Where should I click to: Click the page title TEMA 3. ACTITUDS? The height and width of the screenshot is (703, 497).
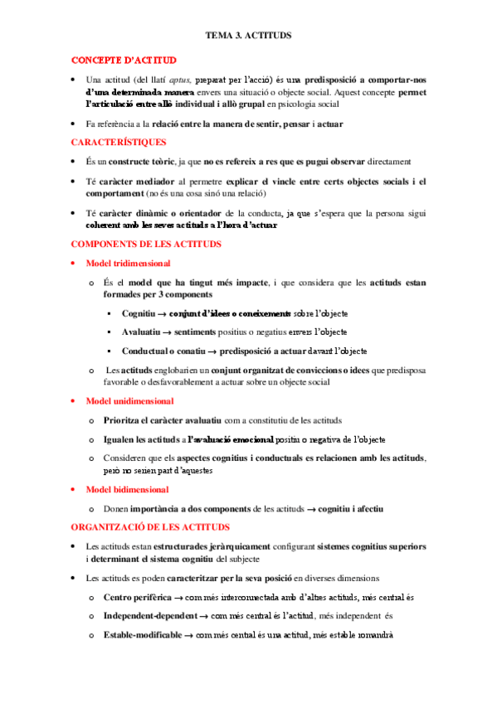click(248, 36)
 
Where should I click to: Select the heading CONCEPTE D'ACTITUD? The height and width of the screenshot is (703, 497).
click(124, 61)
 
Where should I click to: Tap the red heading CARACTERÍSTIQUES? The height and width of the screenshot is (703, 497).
click(119, 142)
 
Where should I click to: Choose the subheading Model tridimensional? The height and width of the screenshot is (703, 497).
click(129, 263)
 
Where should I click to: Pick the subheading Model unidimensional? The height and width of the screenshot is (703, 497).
click(130, 400)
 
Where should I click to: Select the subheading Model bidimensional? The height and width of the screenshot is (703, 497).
click(127, 489)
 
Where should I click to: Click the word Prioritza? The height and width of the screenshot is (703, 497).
click(126, 420)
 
